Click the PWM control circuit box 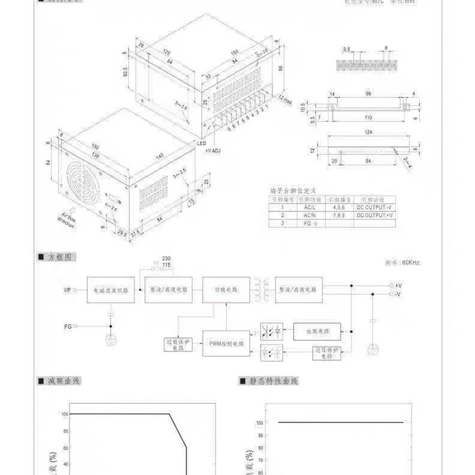point(226,344)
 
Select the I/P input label point(68,290)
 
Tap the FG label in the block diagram point(68,326)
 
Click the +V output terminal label point(398,286)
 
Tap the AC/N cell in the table point(308,216)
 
